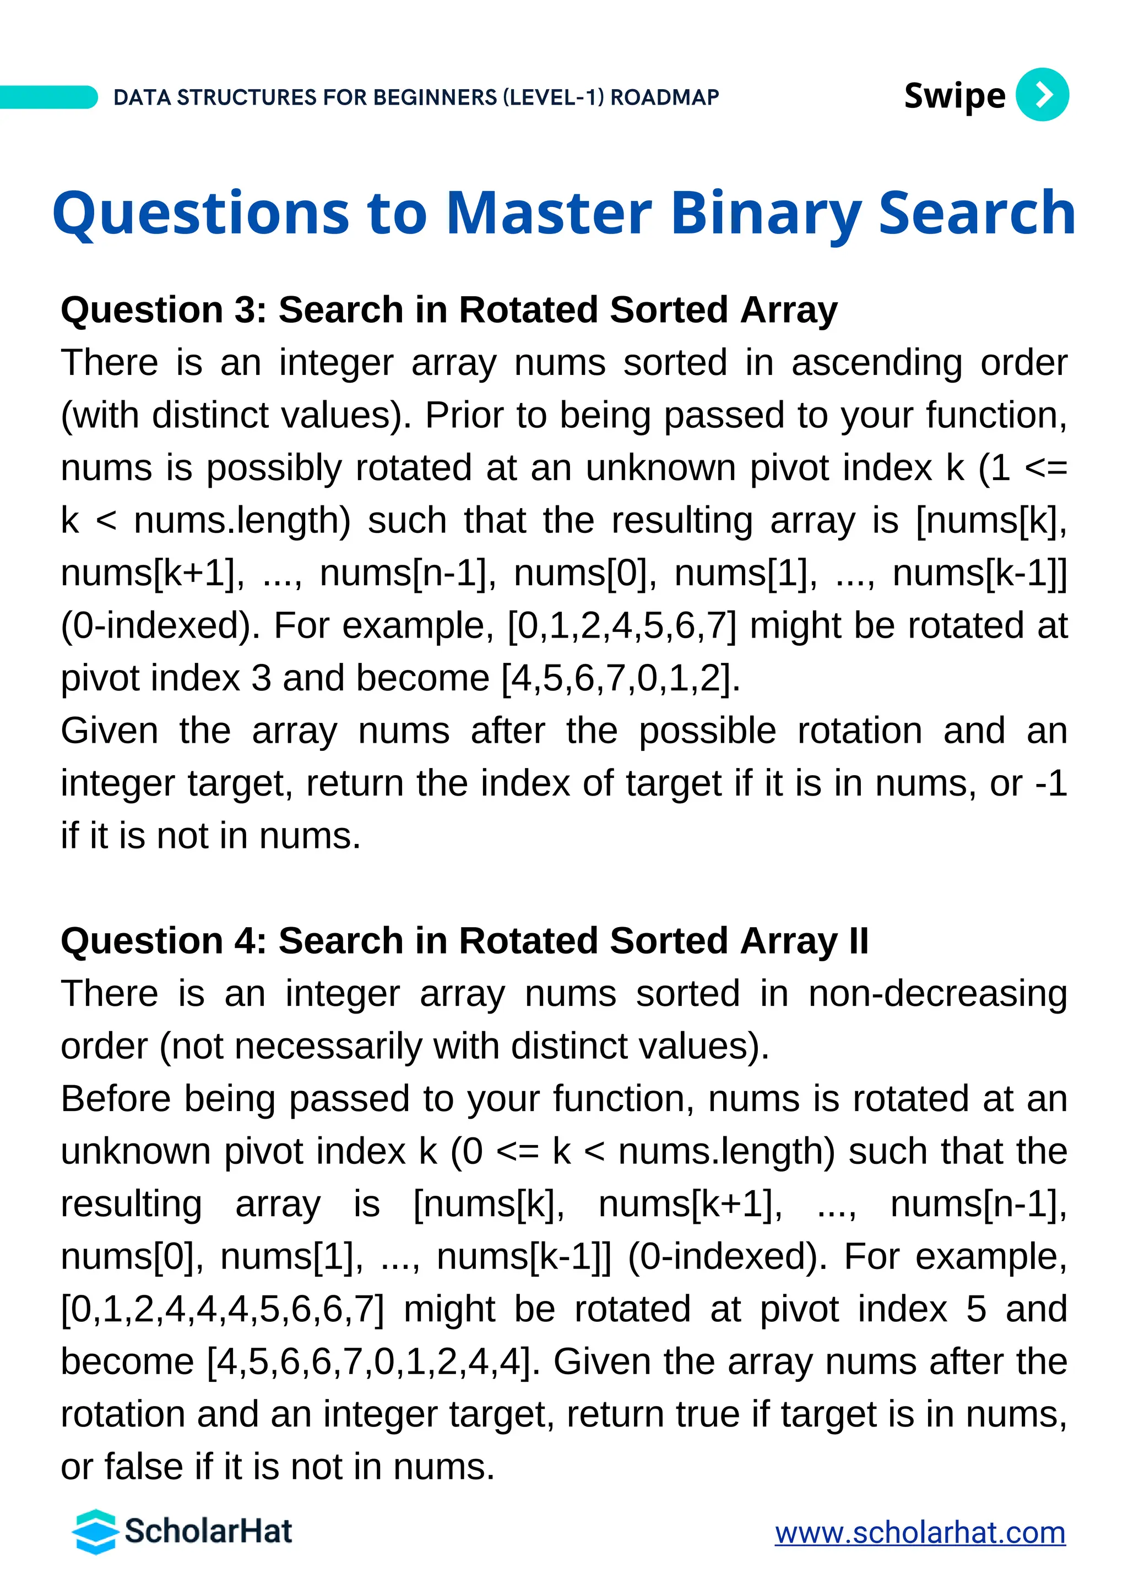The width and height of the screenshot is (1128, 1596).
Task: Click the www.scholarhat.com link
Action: pos(920,1533)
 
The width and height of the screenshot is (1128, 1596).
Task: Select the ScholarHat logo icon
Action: pos(95,1532)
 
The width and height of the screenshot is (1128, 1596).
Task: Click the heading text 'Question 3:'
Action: pos(164,310)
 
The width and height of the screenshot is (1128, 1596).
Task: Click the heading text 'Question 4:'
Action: pos(164,941)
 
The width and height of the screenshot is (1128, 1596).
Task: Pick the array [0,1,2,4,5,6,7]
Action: pos(622,625)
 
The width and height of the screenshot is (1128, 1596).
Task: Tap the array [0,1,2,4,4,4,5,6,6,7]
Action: pos(222,1310)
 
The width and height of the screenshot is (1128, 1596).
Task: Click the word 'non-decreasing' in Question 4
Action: pos(937,994)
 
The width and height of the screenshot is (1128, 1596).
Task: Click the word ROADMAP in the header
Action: pos(665,97)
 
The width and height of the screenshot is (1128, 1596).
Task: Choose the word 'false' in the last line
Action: pos(145,1467)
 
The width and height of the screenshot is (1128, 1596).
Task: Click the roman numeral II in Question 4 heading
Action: pos(858,941)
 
